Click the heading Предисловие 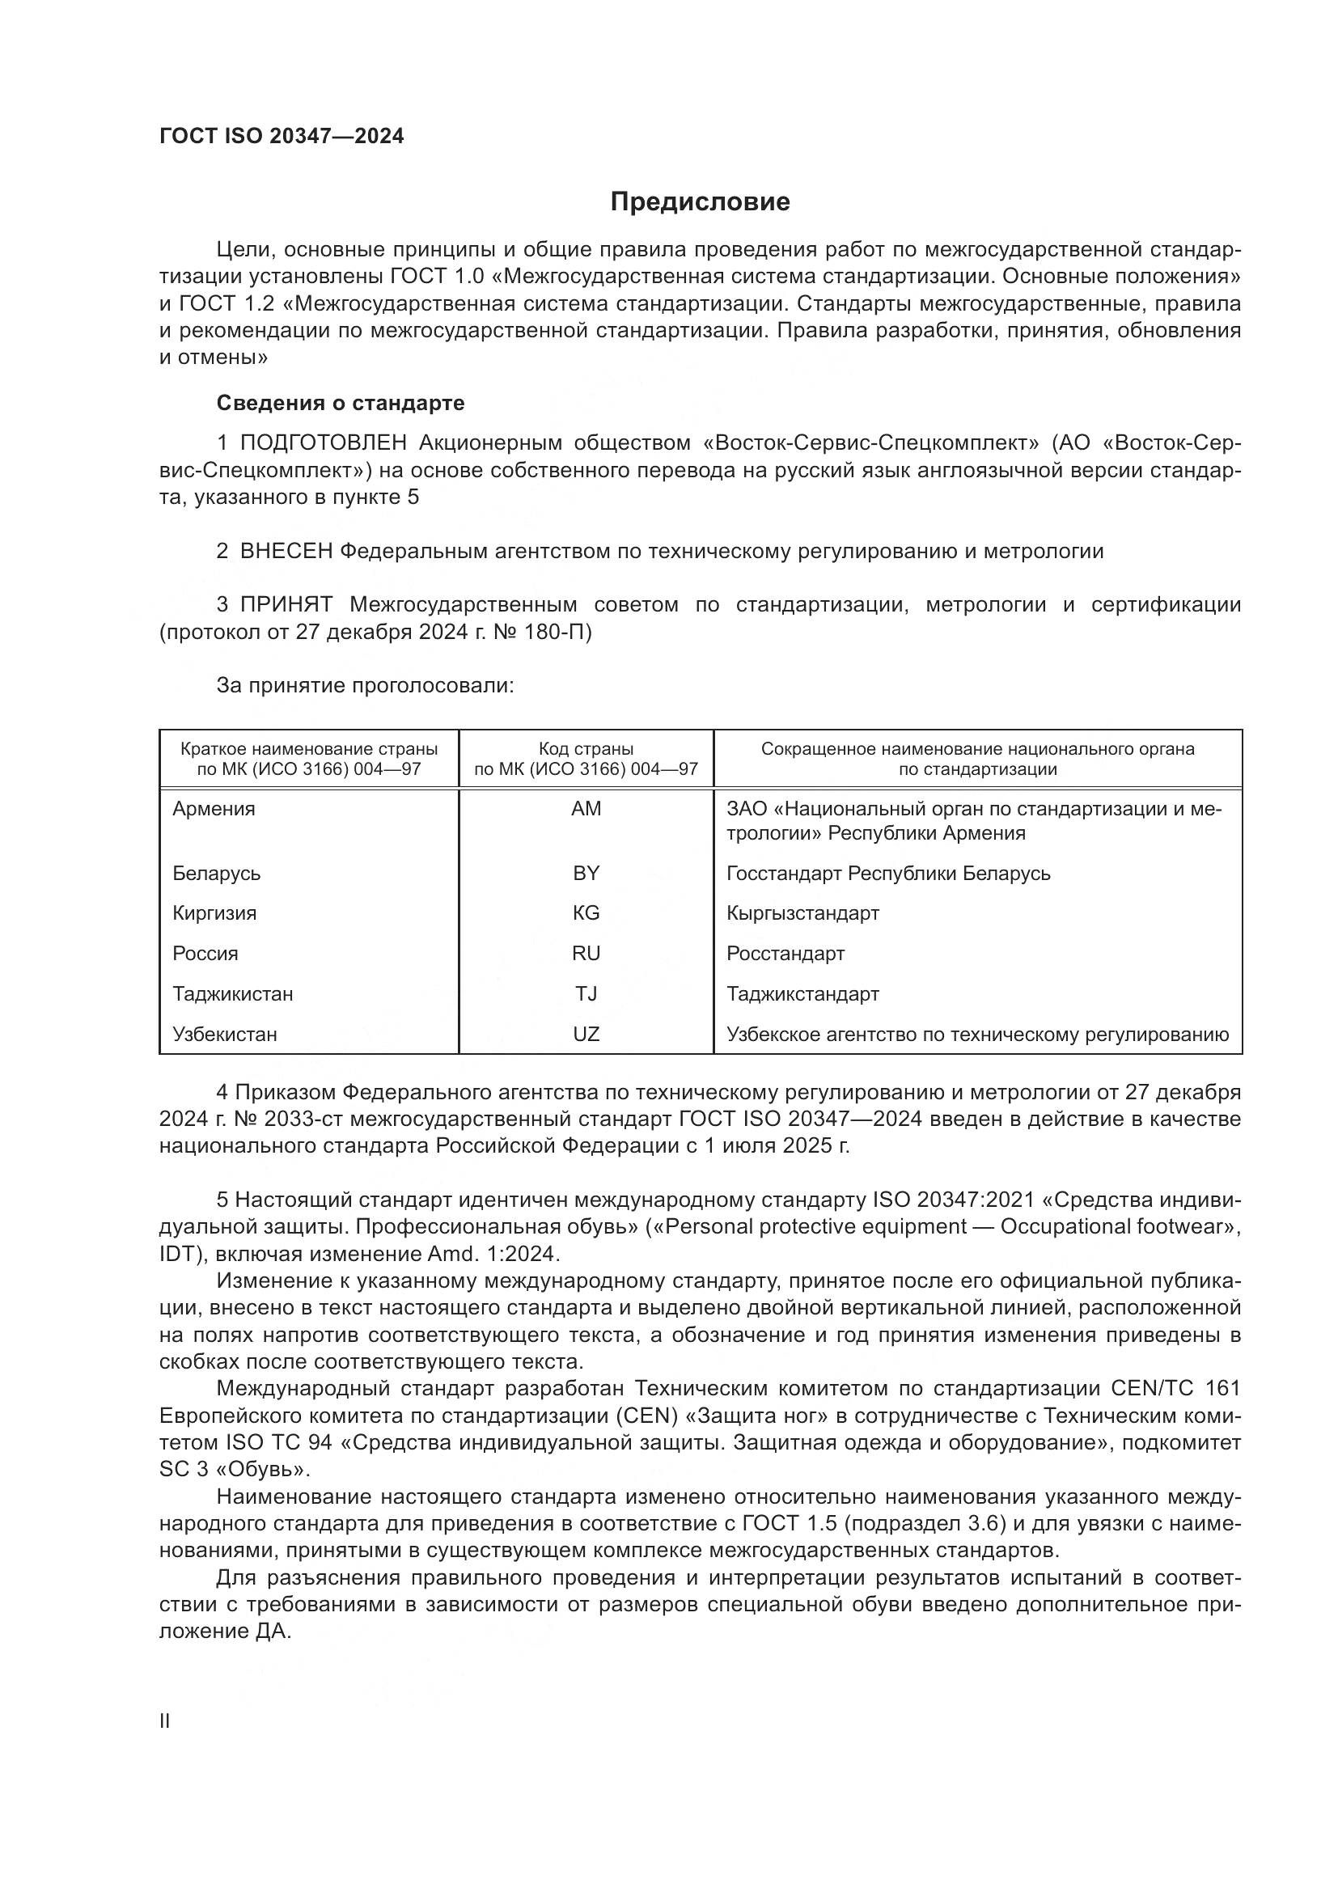point(700,202)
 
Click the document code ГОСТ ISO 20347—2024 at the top point(282,137)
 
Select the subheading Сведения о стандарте point(341,403)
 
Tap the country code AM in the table point(586,808)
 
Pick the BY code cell point(586,873)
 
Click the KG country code point(586,913)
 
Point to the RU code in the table point(586,954)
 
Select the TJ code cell point(586,994)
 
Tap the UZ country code point(586,1035)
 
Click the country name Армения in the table point(214,808)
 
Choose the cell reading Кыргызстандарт point(802,913)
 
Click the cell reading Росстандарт point(785,954)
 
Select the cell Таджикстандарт point(802,994)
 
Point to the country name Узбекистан point(225,1035)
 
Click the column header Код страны point(586,749)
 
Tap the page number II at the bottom point(165,1721)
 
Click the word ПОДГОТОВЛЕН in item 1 point(323,443)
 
